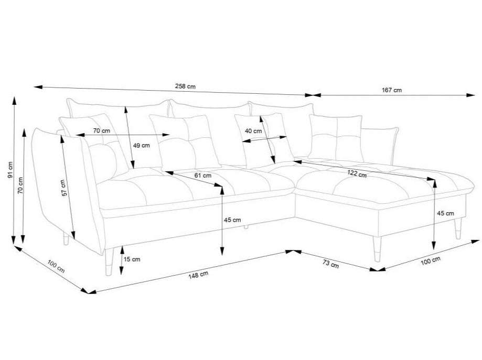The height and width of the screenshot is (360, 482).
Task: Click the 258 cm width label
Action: coord(186,87)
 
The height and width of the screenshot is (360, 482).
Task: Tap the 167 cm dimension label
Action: coord(392,90)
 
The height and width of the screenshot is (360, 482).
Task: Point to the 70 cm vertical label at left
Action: coord(20,185)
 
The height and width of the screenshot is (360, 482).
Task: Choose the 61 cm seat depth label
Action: coord(203,176)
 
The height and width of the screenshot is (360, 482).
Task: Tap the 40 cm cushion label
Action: coord(253,130)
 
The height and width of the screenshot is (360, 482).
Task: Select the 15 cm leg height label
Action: coord(132,259)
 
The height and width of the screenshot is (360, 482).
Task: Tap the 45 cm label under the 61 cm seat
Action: coord(232,220)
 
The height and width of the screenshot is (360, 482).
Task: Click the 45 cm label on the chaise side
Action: coord(445,213)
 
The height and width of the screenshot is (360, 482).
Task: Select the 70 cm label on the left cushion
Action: coord(101,130)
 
